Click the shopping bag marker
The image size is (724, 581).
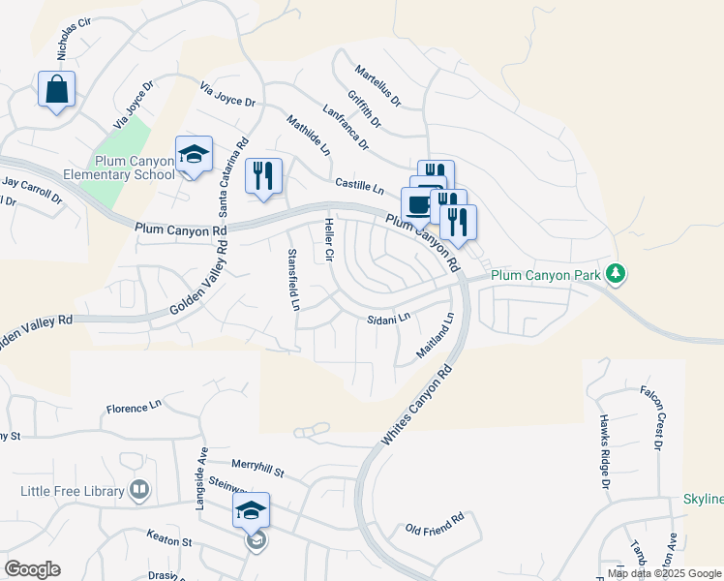click(x=57, y=90)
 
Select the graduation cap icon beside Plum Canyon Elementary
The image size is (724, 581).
click(x=194, y=155)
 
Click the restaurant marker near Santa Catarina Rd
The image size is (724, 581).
click(x=263, y=176)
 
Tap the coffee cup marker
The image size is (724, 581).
click(x=418, y=205)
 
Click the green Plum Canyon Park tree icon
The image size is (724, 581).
click(x=615, y=274)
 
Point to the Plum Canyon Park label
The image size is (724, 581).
click(x=546, y=275)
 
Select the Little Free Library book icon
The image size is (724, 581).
click(x=140, y=491)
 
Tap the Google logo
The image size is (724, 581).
click(x=32, y=569)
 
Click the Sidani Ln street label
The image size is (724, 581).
click(x=389, y=318)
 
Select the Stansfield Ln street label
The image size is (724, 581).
click(x=292, y=280)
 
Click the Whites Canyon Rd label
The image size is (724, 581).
click(x=416, y=405)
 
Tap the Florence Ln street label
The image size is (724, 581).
click(x=135, y=408)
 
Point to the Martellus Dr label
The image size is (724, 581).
click(x=377, y=86)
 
